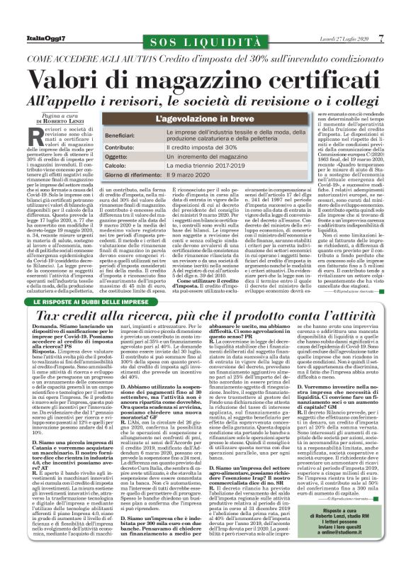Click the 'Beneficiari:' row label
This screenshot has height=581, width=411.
tap(123, 134)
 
